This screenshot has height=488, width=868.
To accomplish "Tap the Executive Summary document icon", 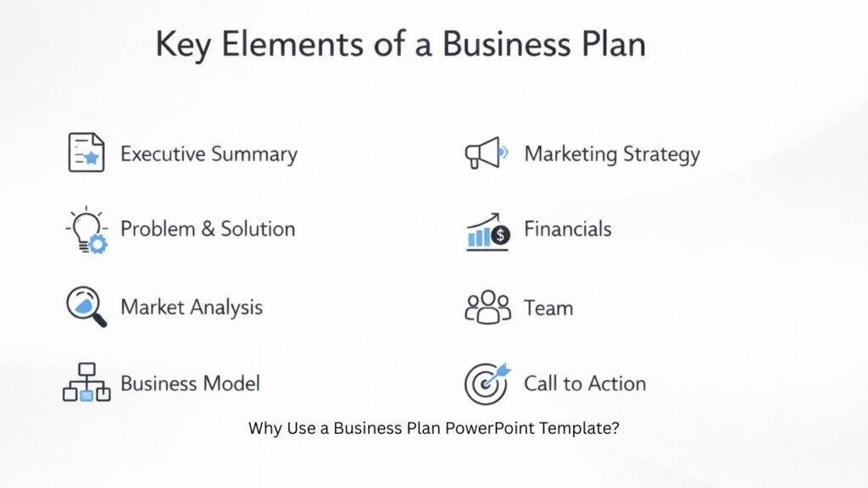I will click(x=86, y=152).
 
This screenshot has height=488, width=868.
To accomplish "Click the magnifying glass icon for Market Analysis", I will click(x=86, y=306).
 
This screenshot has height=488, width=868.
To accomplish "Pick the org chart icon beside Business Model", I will click(x=86, y=383).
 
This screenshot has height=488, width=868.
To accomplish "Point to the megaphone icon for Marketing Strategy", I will click(x=486, y=153).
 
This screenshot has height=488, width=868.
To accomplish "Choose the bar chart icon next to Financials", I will click(x=487, y=231).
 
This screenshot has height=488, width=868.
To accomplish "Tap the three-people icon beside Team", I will click(x=488, y=308).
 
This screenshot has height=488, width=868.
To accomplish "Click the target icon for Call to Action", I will click(x=487, y=384).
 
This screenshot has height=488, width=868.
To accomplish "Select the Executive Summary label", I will click(x=209, y=154).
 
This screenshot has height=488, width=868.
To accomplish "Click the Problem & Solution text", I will click(x=208, y=229).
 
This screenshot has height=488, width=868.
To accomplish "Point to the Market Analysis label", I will click(x=192, y=307).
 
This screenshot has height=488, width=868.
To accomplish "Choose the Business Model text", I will click(x=190, y=383).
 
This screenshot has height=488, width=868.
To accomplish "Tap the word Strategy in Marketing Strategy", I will click(x=662, y=154).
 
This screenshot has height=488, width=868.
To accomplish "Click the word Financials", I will click(x=567, y=229).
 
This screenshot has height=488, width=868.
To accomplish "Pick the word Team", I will click(x=548, y=308).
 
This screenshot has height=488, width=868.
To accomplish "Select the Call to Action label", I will click(x=585, y=383).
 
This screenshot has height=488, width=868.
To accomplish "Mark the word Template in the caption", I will click(x=584, y=428).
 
